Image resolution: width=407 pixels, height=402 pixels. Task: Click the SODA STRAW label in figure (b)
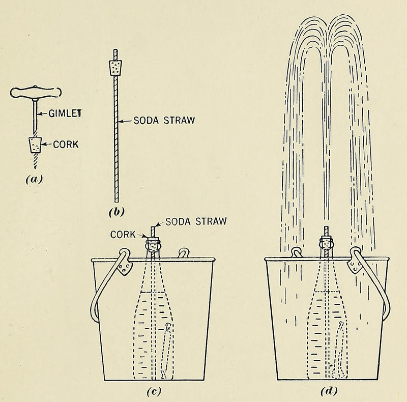pyautogui.click(x=158, y=121)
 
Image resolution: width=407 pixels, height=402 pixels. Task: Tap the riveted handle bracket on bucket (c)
pyautogui.click(x=122, y=266)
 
